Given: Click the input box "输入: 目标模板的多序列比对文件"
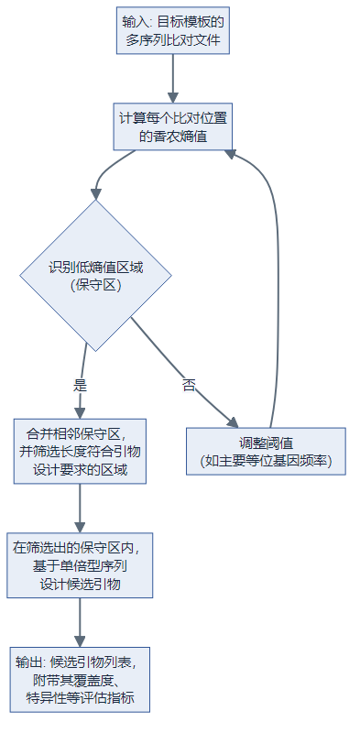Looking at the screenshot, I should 172,31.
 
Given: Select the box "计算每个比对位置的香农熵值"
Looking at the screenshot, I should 172,126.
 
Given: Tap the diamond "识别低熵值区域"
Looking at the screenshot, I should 95,276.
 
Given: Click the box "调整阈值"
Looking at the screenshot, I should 266,451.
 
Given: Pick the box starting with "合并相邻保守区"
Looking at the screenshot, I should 82,451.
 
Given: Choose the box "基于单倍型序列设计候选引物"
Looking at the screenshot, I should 81,565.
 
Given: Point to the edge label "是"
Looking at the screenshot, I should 80,385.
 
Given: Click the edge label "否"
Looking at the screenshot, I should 189,385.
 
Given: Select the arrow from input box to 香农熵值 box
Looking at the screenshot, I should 172,77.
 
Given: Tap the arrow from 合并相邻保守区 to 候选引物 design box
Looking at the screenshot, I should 81,508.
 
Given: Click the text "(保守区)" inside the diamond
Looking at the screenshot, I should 95,285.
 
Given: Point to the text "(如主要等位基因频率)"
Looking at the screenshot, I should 266,460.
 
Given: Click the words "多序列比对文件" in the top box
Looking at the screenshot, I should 172,41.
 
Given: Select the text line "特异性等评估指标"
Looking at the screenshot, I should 81,698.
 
